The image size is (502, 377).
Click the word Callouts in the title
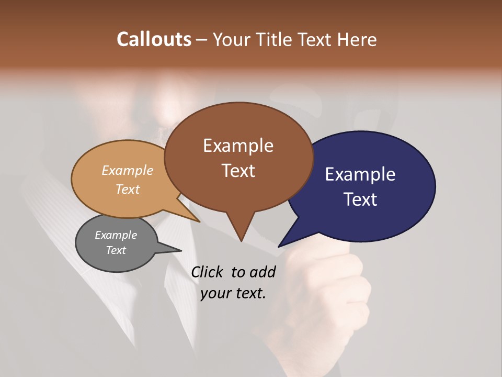pos(154,39)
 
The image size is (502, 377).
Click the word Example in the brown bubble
pos(238,145)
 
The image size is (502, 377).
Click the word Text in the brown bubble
pos(238,170)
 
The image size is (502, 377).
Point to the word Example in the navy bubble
pos(360,174)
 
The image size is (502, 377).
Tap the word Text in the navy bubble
pos(360,199)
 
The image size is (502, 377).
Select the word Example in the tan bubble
pos(128,170)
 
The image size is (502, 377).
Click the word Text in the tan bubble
pos(128,189)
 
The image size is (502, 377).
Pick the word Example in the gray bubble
pos(116,235)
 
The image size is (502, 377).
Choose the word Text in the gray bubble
pos(116,250)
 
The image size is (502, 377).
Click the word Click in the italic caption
pos(208,272)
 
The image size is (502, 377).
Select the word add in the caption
pos(263,272)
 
